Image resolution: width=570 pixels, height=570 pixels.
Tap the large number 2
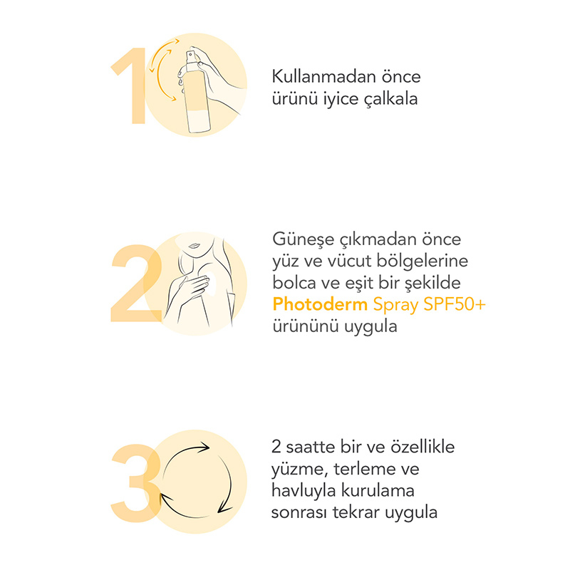136,284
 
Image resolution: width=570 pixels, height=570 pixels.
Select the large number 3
135,483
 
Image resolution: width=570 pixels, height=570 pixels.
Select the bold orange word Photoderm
320,304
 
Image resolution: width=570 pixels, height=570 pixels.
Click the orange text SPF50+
455,304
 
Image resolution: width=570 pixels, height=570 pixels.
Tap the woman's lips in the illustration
194,246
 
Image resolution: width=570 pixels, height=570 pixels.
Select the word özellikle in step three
423,447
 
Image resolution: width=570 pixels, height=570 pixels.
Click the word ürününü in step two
306,326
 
